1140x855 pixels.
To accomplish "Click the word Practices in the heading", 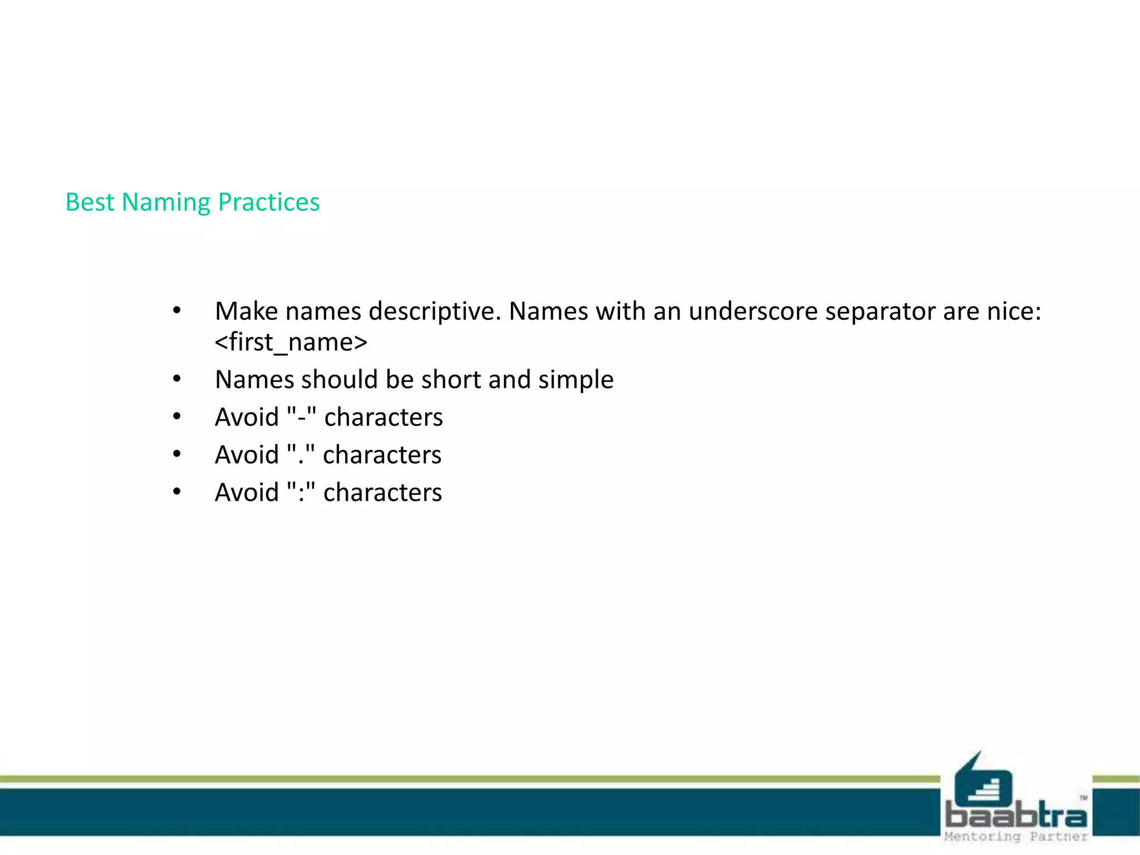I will (x=269, y=203).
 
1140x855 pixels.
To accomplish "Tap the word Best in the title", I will (x=90, y=203).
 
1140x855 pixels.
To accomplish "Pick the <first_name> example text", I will (x=291, y=342).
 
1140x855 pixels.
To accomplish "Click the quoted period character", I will (x=301, y=455).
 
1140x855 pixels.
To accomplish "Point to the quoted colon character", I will (x=301, y=493).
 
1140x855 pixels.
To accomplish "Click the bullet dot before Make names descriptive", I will (x=176, y=311).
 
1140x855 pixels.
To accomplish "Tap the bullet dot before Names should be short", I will (x=176, y=380).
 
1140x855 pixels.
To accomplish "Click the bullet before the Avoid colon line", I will (x=176, y=492).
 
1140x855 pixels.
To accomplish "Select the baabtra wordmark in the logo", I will (x=1016, y=816).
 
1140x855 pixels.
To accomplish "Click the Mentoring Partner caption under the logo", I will (x=1016, y=837).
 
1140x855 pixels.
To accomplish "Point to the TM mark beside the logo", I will (x=1083, y=798).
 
